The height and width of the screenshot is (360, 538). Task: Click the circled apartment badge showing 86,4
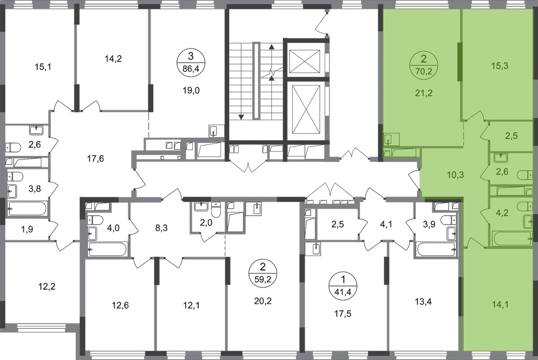pyautogui.click(x=191, y=63)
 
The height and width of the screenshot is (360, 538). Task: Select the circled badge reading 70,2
pyautogui.click(x=424, y=65)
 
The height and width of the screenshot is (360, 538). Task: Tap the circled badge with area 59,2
pyautogui.click(x=263, y=273)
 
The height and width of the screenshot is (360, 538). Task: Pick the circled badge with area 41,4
pyautogui.click(x=343, y=286)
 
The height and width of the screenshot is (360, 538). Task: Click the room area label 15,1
pyautogui.click(x=43, y=67)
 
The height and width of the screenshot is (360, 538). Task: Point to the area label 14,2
pyautogui.click(x=113, y=59)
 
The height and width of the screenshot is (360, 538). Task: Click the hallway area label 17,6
pyautogui.click(x=95, y=159)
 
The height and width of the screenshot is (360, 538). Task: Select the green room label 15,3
pyautogui.click(x=499, y=66)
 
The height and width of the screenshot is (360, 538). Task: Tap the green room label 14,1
pyautogui.click(x=500, y=305)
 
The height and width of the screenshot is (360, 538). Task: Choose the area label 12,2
pyautogui.click(x=47, y=286)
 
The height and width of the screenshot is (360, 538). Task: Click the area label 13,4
pyautogui.click(x=423, y=301)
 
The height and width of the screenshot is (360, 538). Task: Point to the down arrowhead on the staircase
pyautogui.click(x=241, y=117)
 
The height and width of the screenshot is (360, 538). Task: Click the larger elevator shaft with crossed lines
pyautogui.click(x=306, y=109)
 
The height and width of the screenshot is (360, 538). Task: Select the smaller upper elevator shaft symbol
pyautogui.click(x=304, y=61)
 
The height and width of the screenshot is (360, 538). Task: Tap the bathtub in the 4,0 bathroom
pyautogui.click(x=107, y=249)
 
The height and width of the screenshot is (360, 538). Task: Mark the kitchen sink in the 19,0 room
pyautogui.click(x=213, y=131)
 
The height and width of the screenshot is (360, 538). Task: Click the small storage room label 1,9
pyautogui.click(x=27, y=230)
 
